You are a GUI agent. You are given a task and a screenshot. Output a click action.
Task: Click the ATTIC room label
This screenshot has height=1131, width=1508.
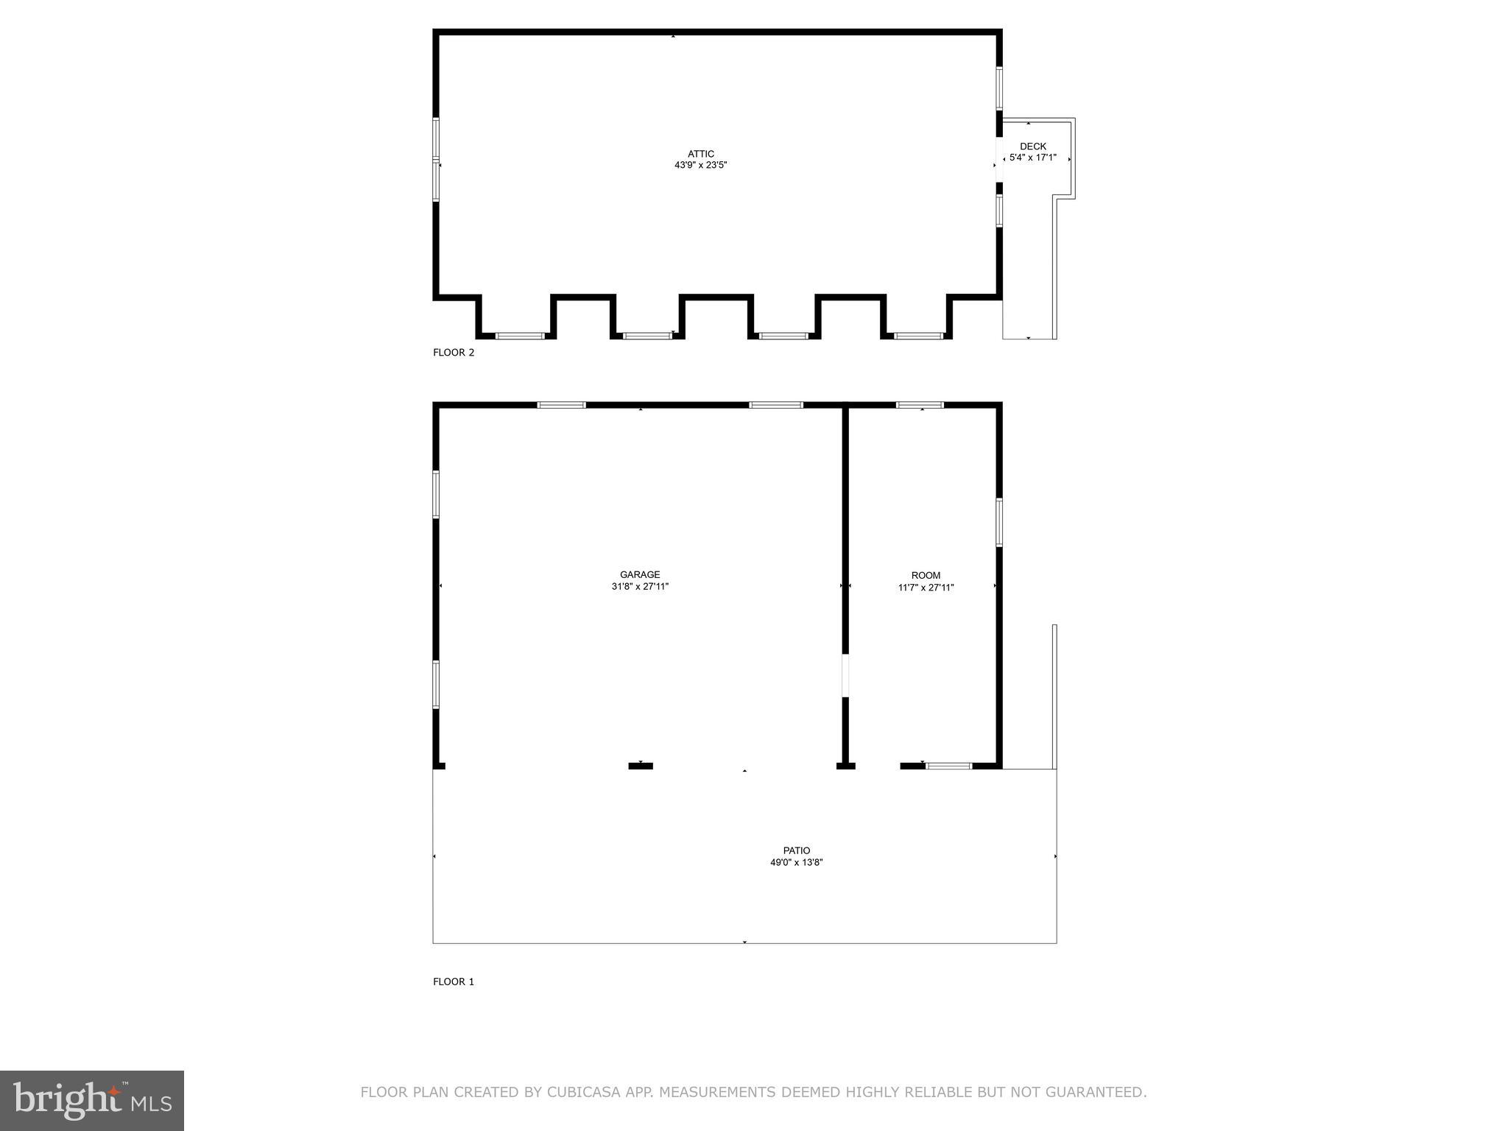click(x=701, y=154)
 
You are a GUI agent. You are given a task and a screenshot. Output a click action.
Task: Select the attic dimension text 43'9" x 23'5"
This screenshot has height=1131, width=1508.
click(x=701, y=166)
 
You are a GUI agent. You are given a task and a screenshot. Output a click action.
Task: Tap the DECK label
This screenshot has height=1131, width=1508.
click(x=1032, y=147)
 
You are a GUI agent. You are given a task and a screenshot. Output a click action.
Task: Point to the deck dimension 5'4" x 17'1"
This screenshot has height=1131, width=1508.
click(x=1032, y=158)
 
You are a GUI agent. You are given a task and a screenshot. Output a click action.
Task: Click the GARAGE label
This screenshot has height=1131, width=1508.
click(x=640, y=575)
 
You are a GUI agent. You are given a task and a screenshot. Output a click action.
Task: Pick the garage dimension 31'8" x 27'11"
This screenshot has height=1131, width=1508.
click(x=640, y=587)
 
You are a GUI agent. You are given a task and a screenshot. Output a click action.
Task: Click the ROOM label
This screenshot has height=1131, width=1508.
click(x=926, y=576)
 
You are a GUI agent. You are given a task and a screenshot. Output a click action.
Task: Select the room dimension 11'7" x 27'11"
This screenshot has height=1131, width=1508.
click(x=926, y=588)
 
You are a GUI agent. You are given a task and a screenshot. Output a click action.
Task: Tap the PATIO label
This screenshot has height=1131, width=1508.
click(x=797, y=850)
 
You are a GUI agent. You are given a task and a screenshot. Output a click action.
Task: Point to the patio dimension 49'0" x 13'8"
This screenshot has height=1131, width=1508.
click(x=797, y=862)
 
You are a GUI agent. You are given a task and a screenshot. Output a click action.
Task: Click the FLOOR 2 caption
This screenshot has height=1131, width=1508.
click(x=454, y=353)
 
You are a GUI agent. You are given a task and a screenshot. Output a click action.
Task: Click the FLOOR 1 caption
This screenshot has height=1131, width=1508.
click(x=454, y=982)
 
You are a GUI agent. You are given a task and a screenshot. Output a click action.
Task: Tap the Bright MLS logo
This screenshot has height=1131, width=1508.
click(x=92, y=1101)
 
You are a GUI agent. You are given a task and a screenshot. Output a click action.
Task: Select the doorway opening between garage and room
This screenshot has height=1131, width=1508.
click(x=845, y=675)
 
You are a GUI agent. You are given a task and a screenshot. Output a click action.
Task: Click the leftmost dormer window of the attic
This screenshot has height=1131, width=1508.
click(x=520, y=336)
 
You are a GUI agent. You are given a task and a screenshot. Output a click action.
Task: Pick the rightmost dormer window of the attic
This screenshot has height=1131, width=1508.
click(x=918, y=336)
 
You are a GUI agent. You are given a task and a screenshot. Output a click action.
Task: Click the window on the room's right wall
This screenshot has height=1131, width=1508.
click(x=999, y=523)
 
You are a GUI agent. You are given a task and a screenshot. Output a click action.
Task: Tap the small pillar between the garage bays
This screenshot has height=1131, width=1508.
click(x=641, y=767)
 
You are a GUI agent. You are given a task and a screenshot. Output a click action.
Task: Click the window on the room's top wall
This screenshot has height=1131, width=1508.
click(x=920, y=405)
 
